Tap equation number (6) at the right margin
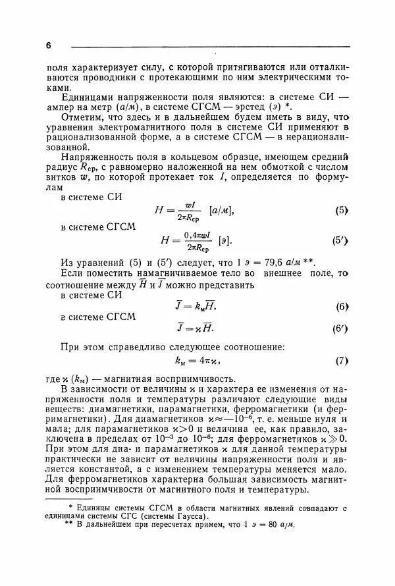click(341, 306)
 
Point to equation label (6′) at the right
click(340, 328)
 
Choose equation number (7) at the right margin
click(341, 361)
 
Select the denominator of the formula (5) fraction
click(190, 217)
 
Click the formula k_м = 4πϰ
click(197, 361)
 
